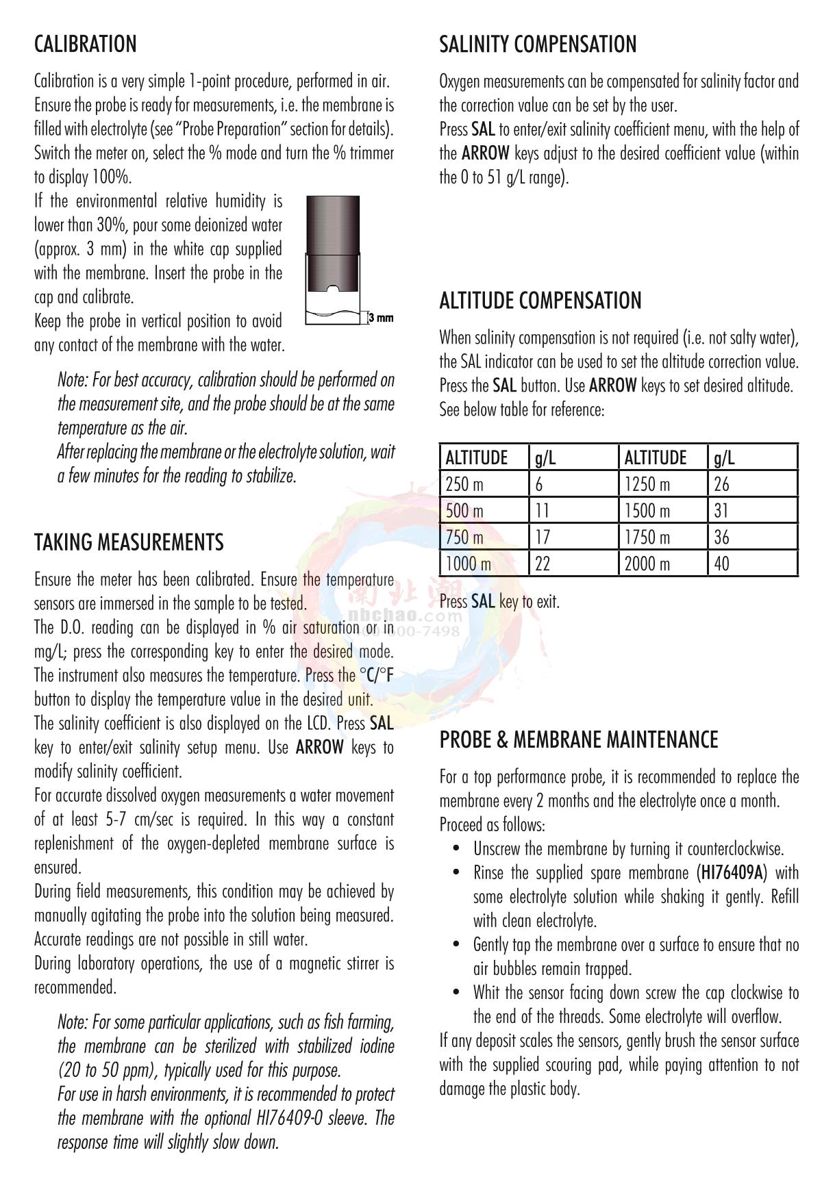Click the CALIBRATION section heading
[x=86, y=45]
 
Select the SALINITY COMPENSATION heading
[x=538, y=45]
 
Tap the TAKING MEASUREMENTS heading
[x=129, y=542]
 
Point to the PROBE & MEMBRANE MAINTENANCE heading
[x=579, y=739]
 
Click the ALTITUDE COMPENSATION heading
[x=540, y=301]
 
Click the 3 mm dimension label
[x=381, y=318]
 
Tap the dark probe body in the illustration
[x=333, y=246]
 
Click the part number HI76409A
[x=733, y=873]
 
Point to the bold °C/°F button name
[x=377, y=676]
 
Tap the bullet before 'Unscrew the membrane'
[x=457, y=850]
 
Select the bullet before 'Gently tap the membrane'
[x=457, y=946]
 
